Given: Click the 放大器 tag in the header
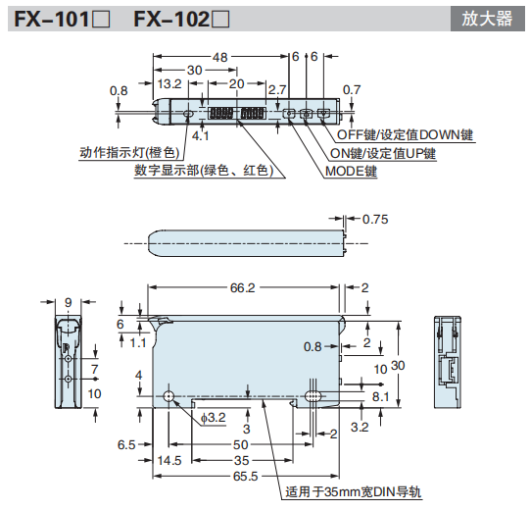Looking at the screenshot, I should [x=486, y=18].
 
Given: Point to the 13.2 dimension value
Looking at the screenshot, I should [x=169, y=84].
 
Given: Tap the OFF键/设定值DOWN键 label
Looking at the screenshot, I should [x=405, y=134].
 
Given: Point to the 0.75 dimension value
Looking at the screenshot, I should [x=375, y=219].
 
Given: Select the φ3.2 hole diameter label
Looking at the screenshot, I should [x=213, y=419].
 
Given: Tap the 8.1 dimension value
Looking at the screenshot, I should [x=381, y=395].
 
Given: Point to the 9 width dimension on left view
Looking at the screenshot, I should [x=68, y=302].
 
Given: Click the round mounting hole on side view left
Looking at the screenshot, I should [x=169, y=396].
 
